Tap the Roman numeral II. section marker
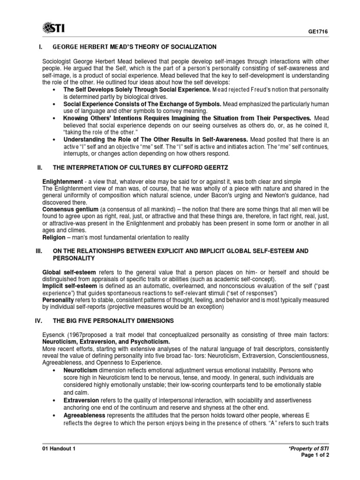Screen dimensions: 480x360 [x=40, y=168]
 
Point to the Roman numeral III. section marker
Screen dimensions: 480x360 [x=39, y=251]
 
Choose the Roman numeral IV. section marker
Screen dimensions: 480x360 [x=39, y=320]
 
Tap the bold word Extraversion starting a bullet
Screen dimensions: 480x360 [x=81, y=401]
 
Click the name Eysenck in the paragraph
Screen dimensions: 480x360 [x=54, y=335]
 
